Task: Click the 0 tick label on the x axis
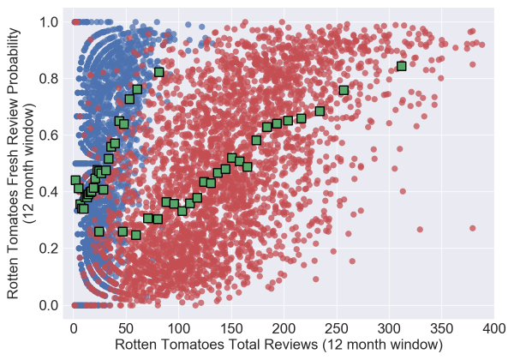[x=74, y=328]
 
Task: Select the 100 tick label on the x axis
[x=178, y=328]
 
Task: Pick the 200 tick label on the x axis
[x=284, y=328]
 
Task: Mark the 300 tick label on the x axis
[x=389, y=328]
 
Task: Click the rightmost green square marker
[x=402, y=66]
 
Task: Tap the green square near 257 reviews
[x=344, y=90]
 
